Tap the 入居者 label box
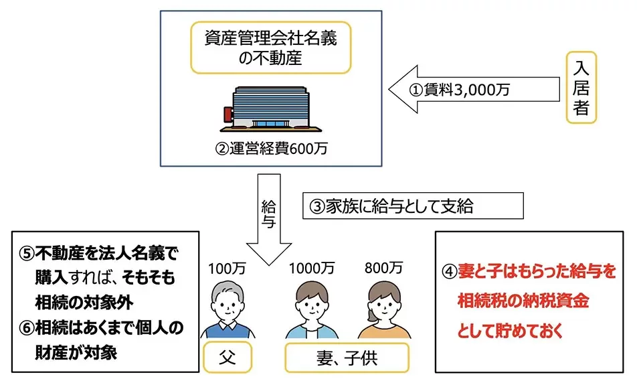pyautogui.click(x=581, y=87)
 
